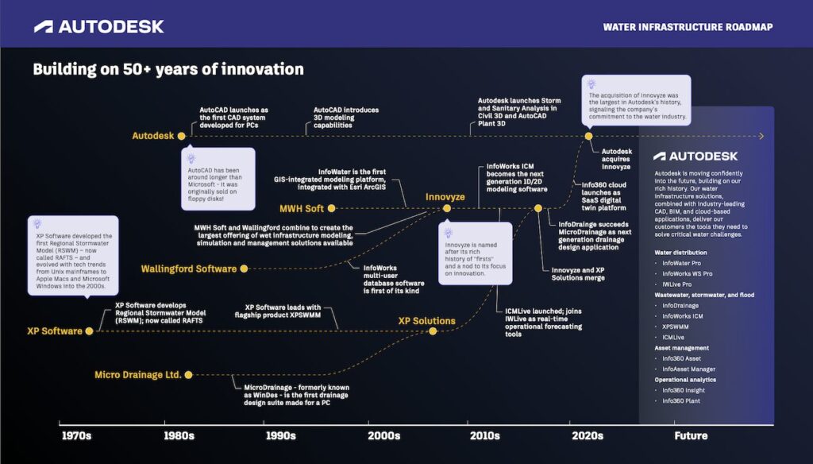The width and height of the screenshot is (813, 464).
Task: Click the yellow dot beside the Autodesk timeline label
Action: (182, 136)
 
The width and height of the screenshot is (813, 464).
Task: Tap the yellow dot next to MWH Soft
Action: (331, 209)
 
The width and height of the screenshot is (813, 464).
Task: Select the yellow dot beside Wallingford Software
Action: (244, 269)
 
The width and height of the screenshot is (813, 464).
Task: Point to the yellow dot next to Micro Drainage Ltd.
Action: (188, 375)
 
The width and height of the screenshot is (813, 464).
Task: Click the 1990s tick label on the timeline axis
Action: (280, 436)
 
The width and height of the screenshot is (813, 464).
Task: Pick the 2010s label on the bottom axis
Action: (485, 436)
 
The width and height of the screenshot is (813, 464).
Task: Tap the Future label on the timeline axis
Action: (691, 436)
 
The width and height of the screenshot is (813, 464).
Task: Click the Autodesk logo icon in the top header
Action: (44, 27)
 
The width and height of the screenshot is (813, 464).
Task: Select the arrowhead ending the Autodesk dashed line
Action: (761, 136)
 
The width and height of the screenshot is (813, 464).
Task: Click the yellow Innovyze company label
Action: (445, 197)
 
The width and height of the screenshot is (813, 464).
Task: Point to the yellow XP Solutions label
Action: (426, 321)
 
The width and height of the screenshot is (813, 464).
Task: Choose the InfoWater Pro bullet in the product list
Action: (681, 263)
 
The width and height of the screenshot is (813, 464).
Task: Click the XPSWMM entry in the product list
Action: (675, 327)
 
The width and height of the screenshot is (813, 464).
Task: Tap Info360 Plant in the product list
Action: (680, 400)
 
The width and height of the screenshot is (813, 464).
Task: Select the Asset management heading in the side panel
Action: (681, 348)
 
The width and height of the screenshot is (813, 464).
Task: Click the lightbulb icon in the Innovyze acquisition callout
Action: (591, 84)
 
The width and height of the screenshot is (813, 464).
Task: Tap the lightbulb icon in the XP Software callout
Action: (37, 224)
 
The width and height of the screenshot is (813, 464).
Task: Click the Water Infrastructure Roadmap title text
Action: (688, 27)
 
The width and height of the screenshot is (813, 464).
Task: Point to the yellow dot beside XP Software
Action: (89, 331)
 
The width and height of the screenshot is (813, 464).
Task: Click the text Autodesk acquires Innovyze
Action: (616, 160)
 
